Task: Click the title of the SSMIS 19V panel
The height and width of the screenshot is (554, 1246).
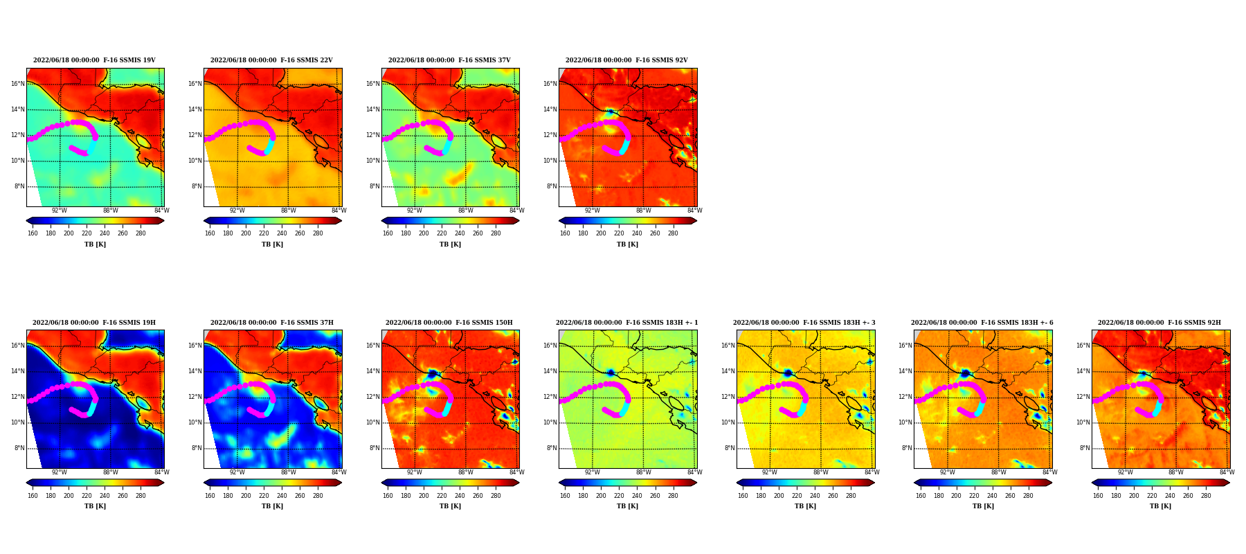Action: pos(95,60)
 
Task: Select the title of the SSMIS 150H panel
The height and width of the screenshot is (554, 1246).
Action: pos(449,323)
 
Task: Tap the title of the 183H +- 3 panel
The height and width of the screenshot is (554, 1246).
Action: pos(804,323)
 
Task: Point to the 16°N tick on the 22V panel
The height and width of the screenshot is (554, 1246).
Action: pos(195,84)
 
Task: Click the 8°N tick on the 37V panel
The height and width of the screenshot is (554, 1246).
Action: pos(374,186)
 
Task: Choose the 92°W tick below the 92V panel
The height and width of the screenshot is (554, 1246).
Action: pos(592,211)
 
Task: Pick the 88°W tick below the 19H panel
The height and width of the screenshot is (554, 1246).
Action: pos(111,472)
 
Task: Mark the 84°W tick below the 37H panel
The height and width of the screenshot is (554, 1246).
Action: pos(338,472)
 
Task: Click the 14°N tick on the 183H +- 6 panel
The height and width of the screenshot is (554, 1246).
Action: pos(905,371)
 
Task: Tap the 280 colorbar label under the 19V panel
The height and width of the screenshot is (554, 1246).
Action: pos(141,233)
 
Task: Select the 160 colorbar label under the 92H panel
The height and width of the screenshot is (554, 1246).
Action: pos(1098,495)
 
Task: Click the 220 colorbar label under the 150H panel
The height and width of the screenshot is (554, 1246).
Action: pos(442,495)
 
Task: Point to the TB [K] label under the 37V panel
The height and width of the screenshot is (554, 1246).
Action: pos(450,244)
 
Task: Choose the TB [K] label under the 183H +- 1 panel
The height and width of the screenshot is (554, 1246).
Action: pos(628,506)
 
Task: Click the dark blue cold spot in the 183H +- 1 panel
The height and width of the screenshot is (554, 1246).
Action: pos(611,373)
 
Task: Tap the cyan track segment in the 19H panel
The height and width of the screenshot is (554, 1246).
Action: pos(91,408)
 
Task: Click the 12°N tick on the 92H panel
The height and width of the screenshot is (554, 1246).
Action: pos(1083,397)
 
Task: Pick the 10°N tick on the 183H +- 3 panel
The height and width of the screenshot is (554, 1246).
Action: pos(728,422)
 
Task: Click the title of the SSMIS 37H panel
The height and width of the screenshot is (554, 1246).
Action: pos(272,323)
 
